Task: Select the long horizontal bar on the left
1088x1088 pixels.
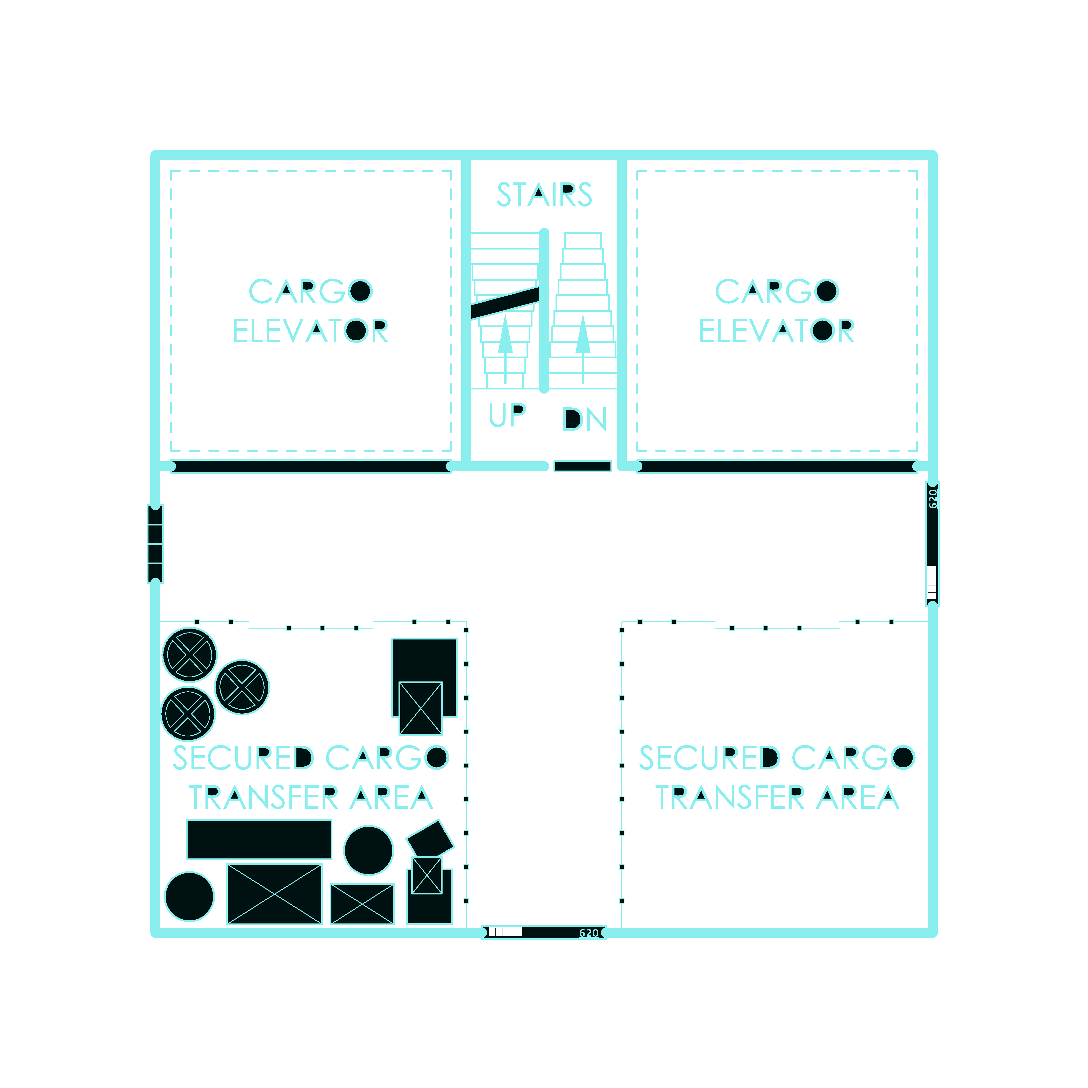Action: (x=311, y=466)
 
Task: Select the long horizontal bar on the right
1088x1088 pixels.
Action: (x=777, y=466)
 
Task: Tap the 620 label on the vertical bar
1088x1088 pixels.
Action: (x=933, y=498)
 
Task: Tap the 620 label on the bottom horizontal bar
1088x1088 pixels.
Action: (x=588, y=933)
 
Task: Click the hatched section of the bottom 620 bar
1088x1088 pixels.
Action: (x=505, y=932)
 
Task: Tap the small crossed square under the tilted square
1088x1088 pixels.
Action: (x=427, y=876)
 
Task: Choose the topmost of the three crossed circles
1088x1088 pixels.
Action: (x=190, y=655)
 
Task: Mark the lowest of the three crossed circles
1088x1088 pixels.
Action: (x=188, y=714)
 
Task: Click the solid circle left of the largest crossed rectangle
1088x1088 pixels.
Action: (x=189, y=897)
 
